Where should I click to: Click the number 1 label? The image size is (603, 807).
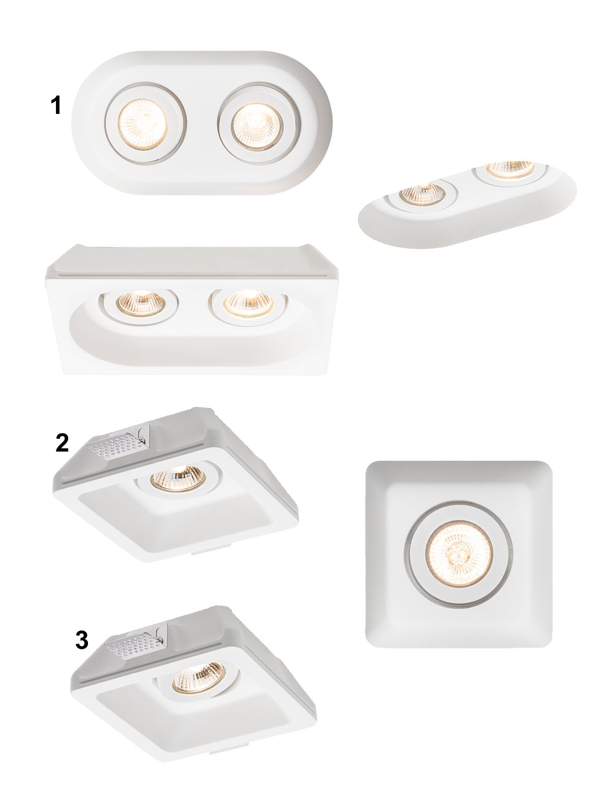click(55, 105)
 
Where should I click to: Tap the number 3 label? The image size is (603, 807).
click(81, 640)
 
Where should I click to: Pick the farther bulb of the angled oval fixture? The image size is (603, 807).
click(510, 169)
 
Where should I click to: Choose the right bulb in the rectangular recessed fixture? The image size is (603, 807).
click(249, 303)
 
